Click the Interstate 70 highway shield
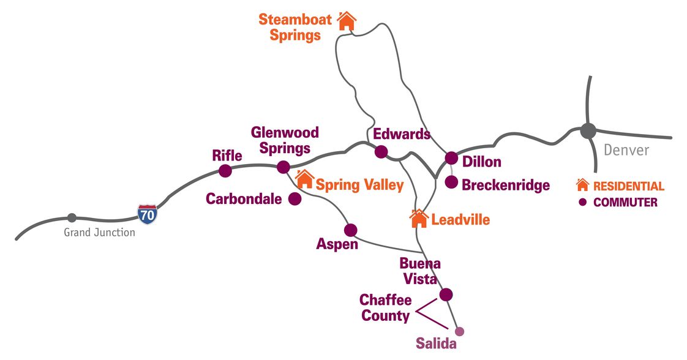coord(147,213)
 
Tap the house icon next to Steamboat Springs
coord(347,21)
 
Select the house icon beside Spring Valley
coord(304,180)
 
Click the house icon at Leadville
coord(419,219)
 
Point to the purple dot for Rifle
coord(225,171)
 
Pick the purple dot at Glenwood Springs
coord(283,167)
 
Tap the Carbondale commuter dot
coord(295,199)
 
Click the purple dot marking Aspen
coord(350,230)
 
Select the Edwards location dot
coord(381,152)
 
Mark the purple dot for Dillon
coord(451,158)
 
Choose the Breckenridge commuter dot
coord(451,182)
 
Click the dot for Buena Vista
coord(446,294)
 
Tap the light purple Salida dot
coord(460,331)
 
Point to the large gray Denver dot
coord(588,130)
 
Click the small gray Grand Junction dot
coord(72,218)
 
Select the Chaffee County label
coord(385,308)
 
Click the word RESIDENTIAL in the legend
coord(628,186)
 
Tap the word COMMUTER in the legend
coord(625,203)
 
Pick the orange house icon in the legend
coord(582,185)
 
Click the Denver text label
coord(626,150)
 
